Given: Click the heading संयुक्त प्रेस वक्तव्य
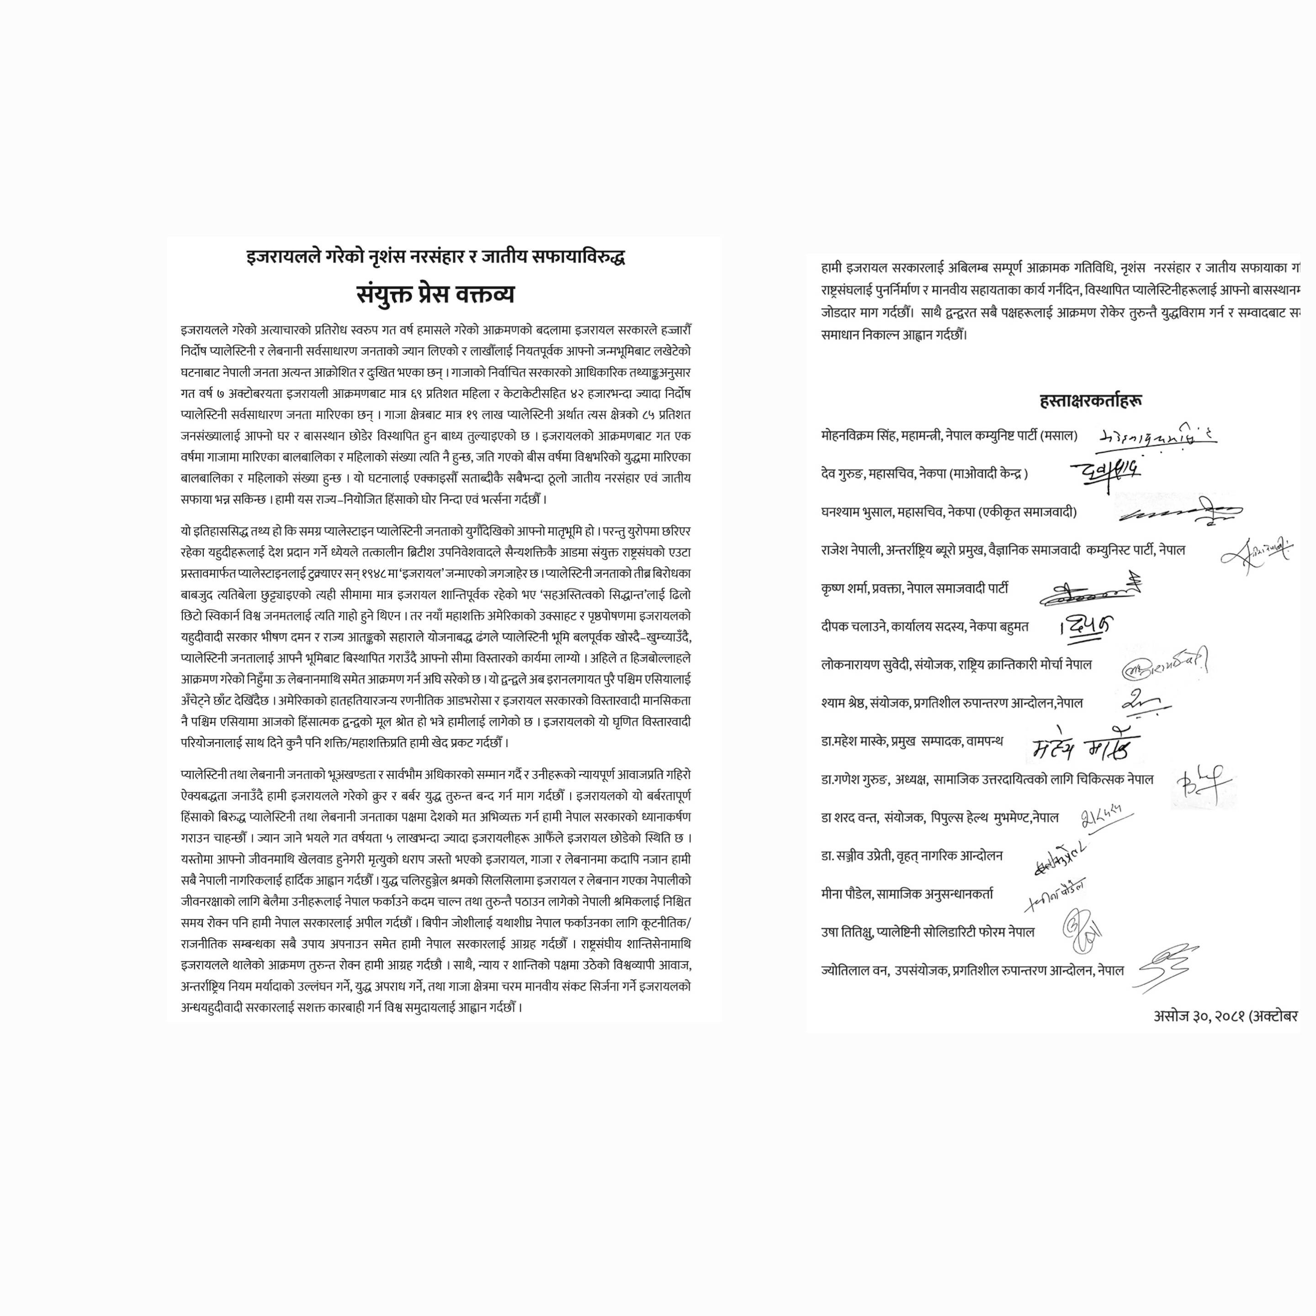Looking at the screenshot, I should click(x=435, y=294).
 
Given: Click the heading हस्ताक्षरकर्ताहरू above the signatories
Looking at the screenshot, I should click(x=1091, y=401).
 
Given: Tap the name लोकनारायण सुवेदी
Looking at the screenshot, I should click(x=865, y=664).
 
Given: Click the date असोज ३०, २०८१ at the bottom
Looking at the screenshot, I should click(x=1199, y=1016).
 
